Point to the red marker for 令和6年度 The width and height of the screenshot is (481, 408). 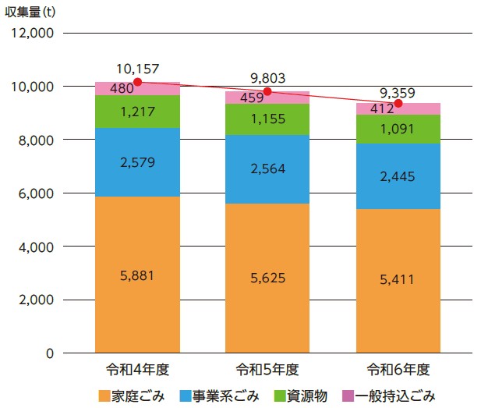tap(398, 103)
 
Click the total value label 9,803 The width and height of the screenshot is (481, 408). tap(268, 78)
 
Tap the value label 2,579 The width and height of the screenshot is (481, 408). tap(137, 162)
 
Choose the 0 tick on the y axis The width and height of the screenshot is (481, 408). tap(48, 353)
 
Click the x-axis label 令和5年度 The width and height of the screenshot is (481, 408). tap(267, 368)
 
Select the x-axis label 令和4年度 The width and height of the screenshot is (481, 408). tap(137, 368)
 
